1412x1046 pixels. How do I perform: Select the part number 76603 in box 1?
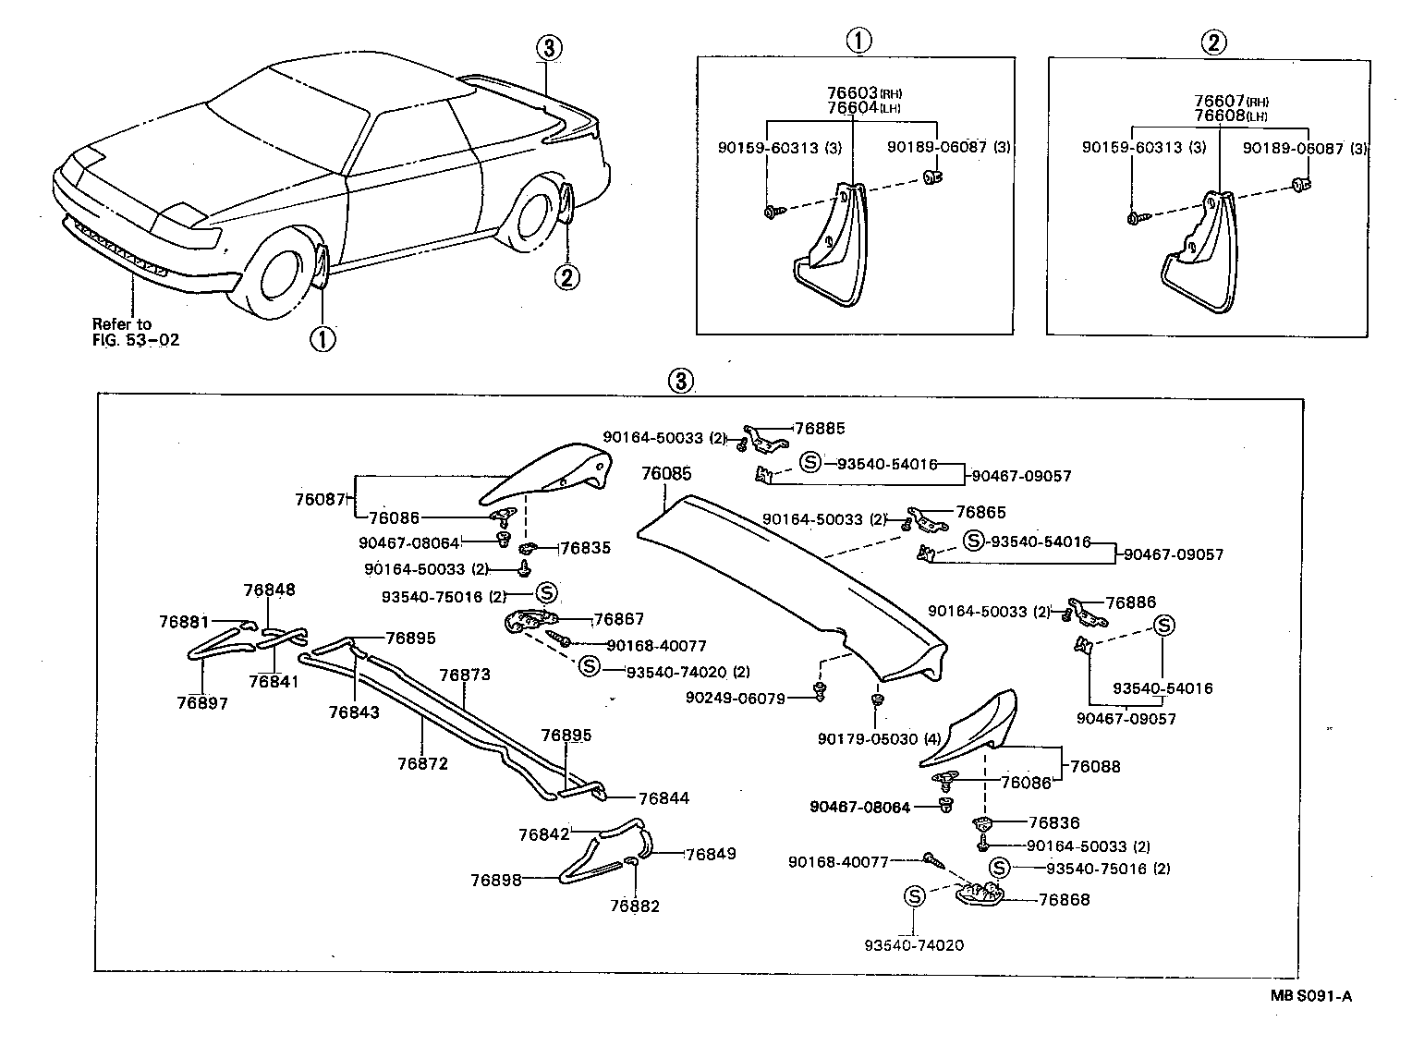(x=851, y=93)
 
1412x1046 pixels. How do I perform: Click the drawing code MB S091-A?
(x=1309, y=995)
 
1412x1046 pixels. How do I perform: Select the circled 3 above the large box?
(x=679, y=381)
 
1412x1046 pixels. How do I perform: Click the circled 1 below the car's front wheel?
(x=322, y=339)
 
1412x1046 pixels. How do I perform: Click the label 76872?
(x=422, y=763)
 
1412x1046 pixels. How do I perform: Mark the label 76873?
(x=465, y=675)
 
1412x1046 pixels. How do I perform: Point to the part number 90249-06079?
(x=735, y=698)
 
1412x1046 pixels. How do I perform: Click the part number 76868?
(x=1064, y=899)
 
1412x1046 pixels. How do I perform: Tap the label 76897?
(x=202, y=703)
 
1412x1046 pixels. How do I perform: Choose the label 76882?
(x=635, y=906)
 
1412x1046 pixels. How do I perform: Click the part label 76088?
(x=1095, y=766)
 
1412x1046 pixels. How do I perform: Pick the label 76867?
(x=618, y=619)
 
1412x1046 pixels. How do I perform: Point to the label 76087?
(x=320, y=500)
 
